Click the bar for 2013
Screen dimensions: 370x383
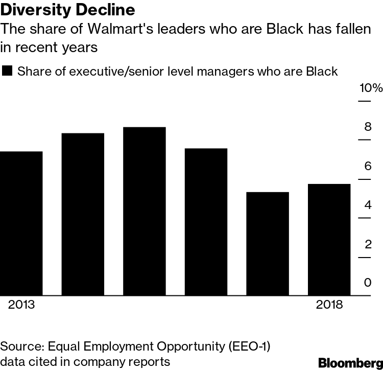click(21, 223)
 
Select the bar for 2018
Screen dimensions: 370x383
click(329, 240)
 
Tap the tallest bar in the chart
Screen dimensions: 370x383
click(145, 211)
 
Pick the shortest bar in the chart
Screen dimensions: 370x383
click(268, 244)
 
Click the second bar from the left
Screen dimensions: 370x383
click(83, 214)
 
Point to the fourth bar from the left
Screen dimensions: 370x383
click(206, 222)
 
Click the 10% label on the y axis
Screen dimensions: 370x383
click(370, 88)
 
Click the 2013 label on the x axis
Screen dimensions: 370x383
click(21, 305)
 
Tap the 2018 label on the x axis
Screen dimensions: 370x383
click(329, 305)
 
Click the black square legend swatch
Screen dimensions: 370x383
click(8, 71)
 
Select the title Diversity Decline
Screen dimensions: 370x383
click(68, 10)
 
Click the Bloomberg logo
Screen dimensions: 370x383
click(350, 363)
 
